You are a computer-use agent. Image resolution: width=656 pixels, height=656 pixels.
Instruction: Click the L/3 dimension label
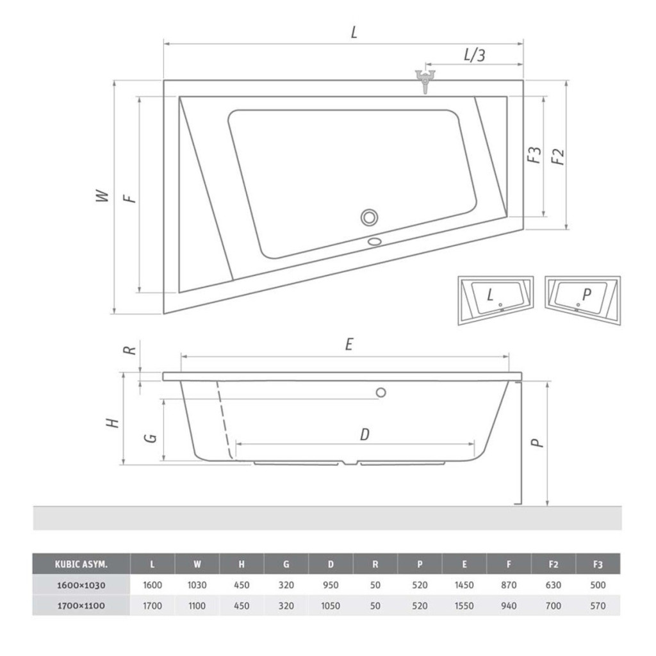coord(475,55)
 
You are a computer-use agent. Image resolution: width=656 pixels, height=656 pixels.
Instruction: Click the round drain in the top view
coord(370,218)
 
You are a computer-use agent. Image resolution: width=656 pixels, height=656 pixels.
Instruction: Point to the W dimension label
coord(102,196)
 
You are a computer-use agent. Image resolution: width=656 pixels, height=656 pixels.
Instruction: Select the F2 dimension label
coord(558,156)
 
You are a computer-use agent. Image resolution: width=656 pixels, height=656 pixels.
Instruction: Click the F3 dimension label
coord(534,155)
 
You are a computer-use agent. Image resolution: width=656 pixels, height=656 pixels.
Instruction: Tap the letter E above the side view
coord(349,344)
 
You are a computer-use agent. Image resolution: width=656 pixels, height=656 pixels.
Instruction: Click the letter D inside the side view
coord(365,434)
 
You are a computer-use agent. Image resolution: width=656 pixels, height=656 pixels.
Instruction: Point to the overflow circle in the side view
coord(381,393)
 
